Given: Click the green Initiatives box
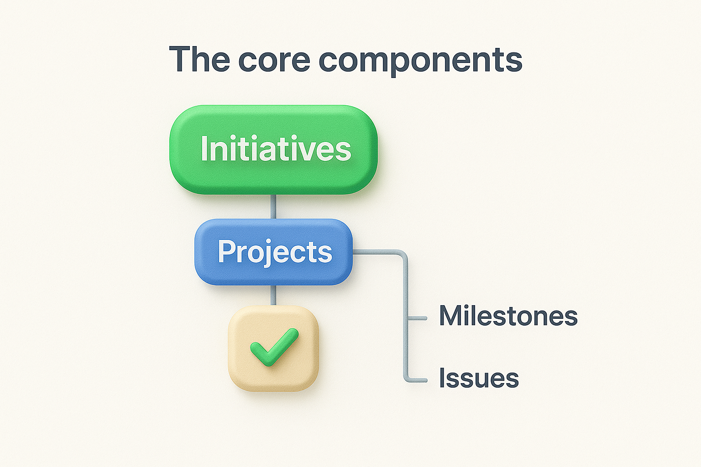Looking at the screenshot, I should (x=273, y=149).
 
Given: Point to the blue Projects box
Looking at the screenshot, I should (x=274, y=252).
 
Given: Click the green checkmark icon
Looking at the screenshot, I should (x=274, y=348).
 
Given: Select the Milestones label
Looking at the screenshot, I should (x=508, y=316).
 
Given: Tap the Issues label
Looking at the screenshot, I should (x=479, y=378).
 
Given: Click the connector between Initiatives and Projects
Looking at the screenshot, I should (x=273, y=207).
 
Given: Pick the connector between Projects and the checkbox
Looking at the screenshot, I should (x=273, y=295).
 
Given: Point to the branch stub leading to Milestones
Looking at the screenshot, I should (x=417, y=318).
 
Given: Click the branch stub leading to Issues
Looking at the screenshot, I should (x=416, y=379).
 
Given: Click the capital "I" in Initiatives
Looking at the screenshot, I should (x=204, y=149).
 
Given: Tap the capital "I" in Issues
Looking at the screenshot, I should (x=442, y=378).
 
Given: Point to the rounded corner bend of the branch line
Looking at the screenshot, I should (x=403, y=255).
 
